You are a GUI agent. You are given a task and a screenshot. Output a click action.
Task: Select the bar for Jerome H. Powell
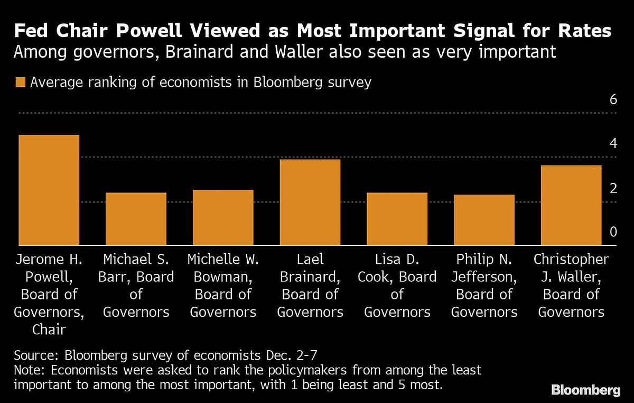coord(49,190)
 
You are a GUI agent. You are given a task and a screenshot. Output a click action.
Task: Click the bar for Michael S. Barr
coord(136,219)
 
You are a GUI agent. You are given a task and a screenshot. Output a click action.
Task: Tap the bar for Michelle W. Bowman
coord(223,217)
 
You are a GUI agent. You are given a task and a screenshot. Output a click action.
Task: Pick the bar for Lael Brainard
coord(310,203)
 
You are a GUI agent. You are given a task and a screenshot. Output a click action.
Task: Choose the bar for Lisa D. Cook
coord(397,219)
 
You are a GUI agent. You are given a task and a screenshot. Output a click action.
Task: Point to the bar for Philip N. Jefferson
coord(484,220)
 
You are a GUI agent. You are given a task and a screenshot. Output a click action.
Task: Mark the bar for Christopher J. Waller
coord(571,205)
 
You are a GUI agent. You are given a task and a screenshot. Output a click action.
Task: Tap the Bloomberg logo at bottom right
coord(586,390)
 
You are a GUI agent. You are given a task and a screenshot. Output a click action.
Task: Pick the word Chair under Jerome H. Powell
coord(49,329)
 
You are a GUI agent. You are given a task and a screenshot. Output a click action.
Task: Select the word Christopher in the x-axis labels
coord(571,260)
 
